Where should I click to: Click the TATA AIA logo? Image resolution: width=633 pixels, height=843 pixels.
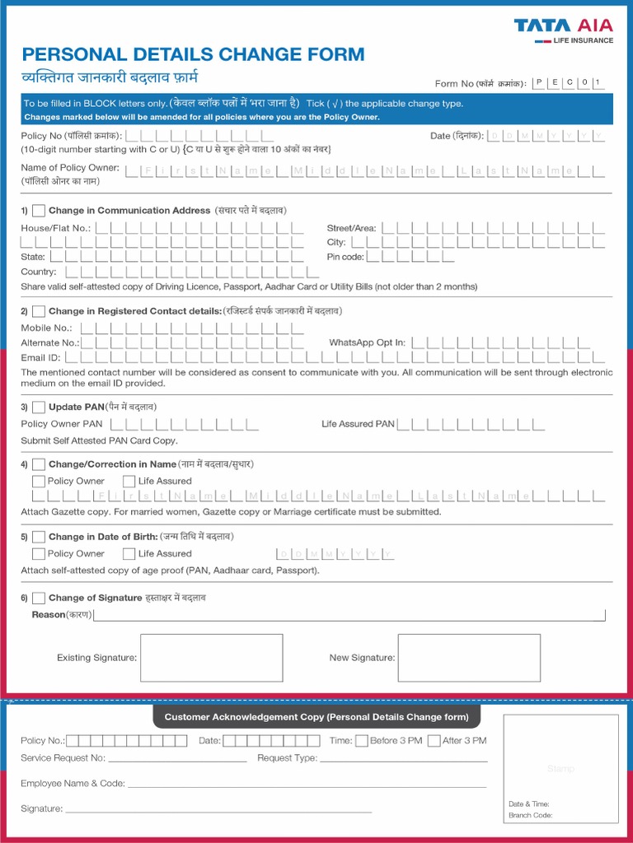564,30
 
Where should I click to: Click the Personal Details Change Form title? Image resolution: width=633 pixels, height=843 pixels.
193,55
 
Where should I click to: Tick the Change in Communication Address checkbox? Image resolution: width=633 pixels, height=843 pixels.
39,211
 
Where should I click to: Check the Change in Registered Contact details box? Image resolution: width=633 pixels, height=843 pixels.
39,311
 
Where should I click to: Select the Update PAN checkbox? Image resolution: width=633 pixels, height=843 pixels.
39,407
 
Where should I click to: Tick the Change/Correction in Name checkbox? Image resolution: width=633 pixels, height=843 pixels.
39,464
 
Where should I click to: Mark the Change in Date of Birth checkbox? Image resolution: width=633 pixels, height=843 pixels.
39,537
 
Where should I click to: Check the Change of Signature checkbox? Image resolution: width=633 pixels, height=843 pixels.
39,598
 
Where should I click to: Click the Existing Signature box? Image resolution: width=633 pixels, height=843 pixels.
211,658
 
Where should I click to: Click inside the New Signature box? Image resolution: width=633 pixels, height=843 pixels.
469,658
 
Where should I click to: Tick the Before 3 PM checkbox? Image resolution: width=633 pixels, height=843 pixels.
361,741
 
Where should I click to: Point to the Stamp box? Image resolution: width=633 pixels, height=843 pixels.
560,768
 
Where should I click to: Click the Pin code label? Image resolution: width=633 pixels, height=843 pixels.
345,257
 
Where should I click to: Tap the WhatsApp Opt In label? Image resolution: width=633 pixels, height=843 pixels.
367,342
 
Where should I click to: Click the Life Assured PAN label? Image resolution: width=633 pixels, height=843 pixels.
358,424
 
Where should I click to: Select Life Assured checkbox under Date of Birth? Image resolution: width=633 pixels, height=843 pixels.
129,554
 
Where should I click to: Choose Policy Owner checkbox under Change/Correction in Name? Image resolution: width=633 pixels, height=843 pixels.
39,482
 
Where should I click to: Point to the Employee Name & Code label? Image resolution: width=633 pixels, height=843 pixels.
73,784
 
